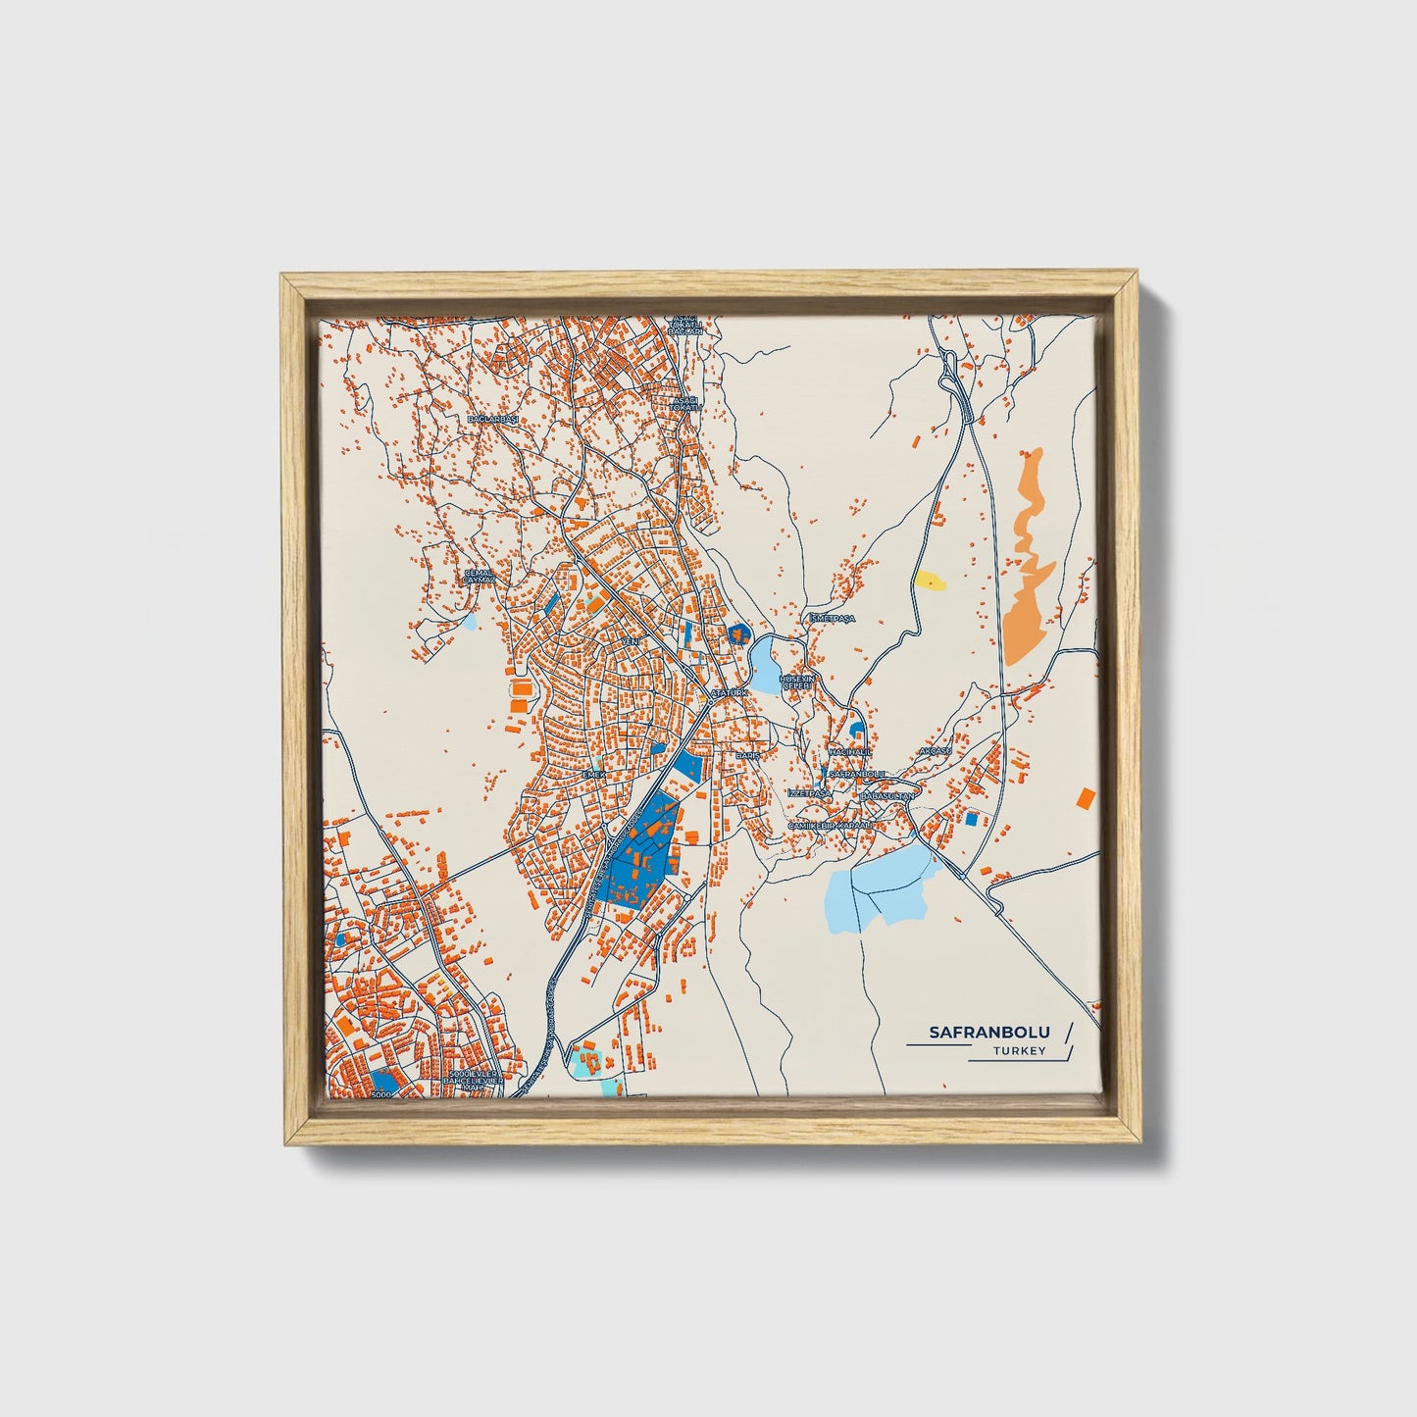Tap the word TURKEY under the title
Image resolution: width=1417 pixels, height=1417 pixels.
coord(1019,1051)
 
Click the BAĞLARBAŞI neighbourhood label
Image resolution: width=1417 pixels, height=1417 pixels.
coord(491,418)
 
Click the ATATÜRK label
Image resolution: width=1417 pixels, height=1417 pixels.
coord(729,692)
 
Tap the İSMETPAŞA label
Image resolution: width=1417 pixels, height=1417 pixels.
coord(833,619)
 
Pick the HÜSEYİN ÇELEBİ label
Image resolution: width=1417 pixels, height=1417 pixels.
coord(795,682)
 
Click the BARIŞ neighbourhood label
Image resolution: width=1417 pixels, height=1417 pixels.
coord(748,756)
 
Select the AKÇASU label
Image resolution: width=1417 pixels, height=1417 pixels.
coord(935,750)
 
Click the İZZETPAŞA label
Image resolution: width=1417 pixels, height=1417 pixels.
coord(809,792)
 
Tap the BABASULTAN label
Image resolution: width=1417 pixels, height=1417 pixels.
coord(886,796)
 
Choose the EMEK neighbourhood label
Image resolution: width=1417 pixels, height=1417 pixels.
coord(595,774)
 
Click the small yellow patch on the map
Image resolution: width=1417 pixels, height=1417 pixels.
coord(930,581)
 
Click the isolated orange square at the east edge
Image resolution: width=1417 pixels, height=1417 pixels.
coord(1085,797)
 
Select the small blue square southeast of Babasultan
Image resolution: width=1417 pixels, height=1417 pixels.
coord(972,818)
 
